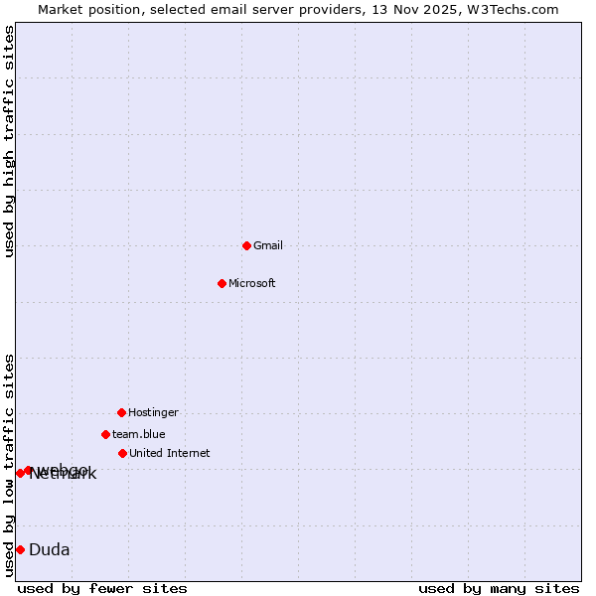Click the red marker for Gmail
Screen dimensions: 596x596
[x=246, y=245]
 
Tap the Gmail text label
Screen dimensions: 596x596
[x=268, y=246]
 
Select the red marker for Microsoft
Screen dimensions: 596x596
[x=222, y=283]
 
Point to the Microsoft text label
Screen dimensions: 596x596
[x=252, y=284]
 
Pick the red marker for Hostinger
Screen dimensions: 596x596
[x=121, y=412]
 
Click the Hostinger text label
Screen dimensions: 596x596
[x=153, y=413]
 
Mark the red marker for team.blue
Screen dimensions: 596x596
[x=105, y=434]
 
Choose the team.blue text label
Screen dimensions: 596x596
[x=139, y=435]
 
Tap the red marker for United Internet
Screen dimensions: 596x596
[x=122, y=453]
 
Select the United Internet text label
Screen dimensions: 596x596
[x=170, y=454]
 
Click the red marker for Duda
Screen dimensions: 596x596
[x=20, y=549]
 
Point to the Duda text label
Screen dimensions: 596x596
[x=50, y=550]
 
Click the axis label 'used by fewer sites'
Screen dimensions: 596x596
[x=102, y=589]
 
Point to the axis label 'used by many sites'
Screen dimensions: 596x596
[x=499, y=589]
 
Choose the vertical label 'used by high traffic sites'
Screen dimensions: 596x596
[x=10, y=141]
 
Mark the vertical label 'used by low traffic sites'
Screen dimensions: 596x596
[x=10, y=465]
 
